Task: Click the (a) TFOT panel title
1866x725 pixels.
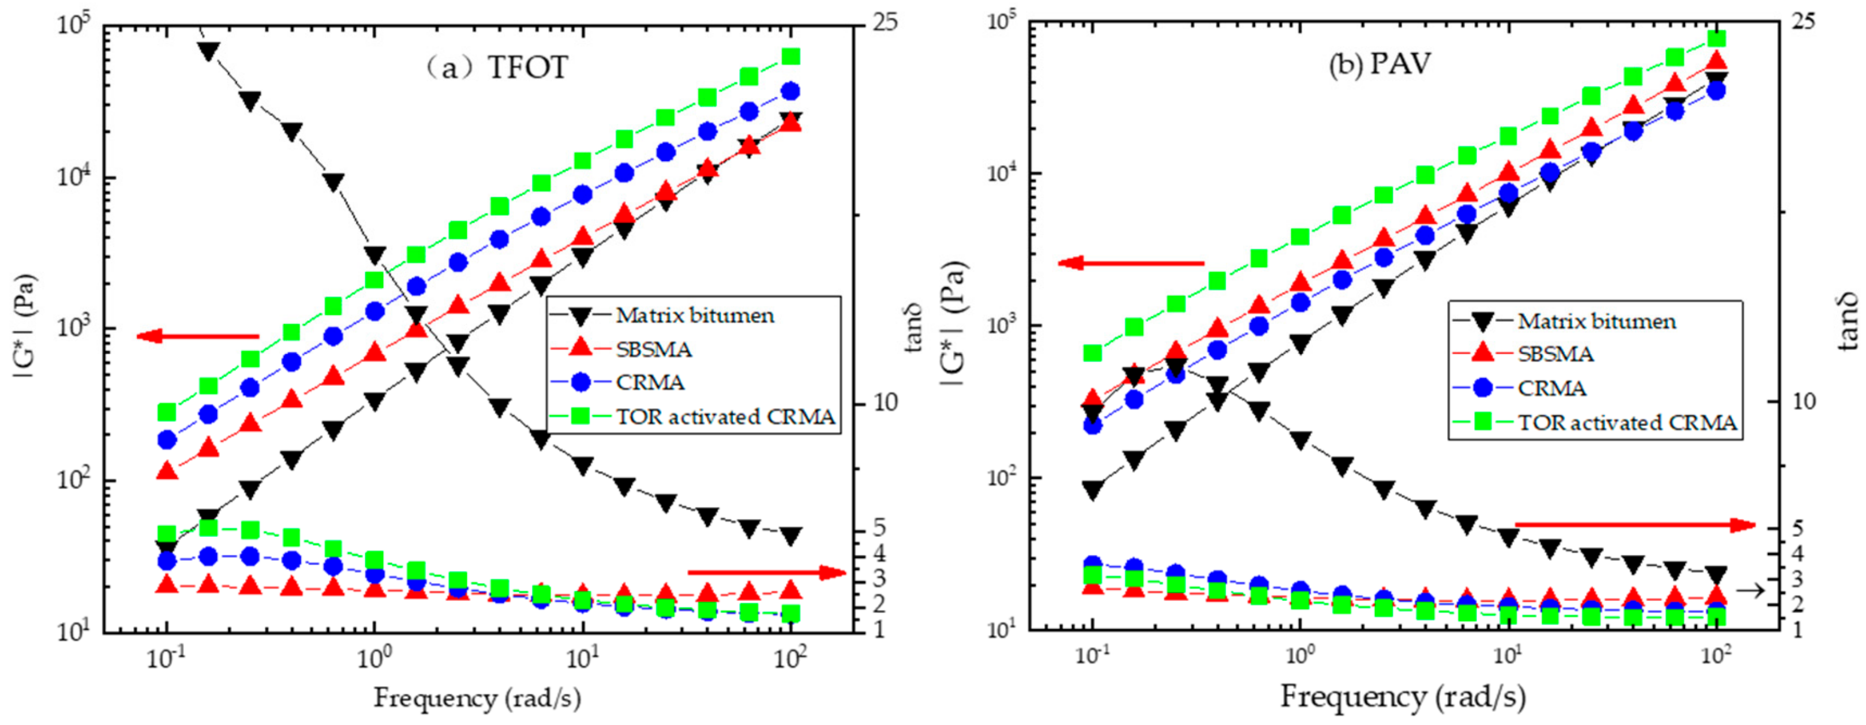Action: coord(496,67)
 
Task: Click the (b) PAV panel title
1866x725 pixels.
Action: coord(1380,64)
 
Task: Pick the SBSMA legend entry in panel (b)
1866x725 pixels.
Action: coord(1555,354)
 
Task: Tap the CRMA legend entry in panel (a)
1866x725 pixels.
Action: coord(650,382)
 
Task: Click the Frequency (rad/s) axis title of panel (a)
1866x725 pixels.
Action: coord(477,698)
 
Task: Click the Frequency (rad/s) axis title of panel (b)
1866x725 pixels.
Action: coord(1403,697)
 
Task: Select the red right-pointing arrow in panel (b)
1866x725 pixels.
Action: coord(1636,524)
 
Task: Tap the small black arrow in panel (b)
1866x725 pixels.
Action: coord(1750,591)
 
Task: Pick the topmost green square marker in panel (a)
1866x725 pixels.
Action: coord(791,57)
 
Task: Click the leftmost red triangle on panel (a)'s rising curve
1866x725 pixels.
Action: coord(167,471)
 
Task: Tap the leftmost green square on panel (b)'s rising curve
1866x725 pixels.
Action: coord(1092,353)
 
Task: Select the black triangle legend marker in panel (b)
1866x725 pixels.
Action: coord(1483,321)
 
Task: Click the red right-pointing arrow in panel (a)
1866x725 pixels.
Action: coord(766,573)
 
